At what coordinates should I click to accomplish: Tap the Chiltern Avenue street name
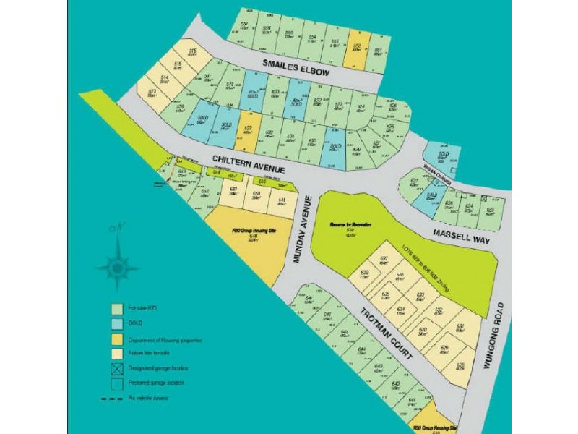point(248,163)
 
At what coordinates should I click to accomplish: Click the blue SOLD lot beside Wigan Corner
point(441,154)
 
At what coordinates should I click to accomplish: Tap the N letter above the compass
point(113,229)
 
